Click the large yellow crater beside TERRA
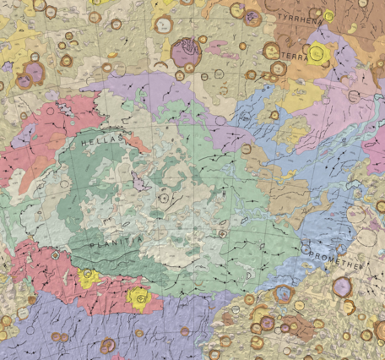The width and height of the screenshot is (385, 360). (x=318, y=53)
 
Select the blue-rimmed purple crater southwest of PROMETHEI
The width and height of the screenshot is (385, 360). (x=283, y=294)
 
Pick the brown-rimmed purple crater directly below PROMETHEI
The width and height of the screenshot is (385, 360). (x=342, y=286)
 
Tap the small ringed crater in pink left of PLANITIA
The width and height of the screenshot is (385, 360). (x=56, y=254)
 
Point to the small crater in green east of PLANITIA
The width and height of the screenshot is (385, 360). (x=222, y=232)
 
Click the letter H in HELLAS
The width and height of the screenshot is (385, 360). (x=84, y=145)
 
